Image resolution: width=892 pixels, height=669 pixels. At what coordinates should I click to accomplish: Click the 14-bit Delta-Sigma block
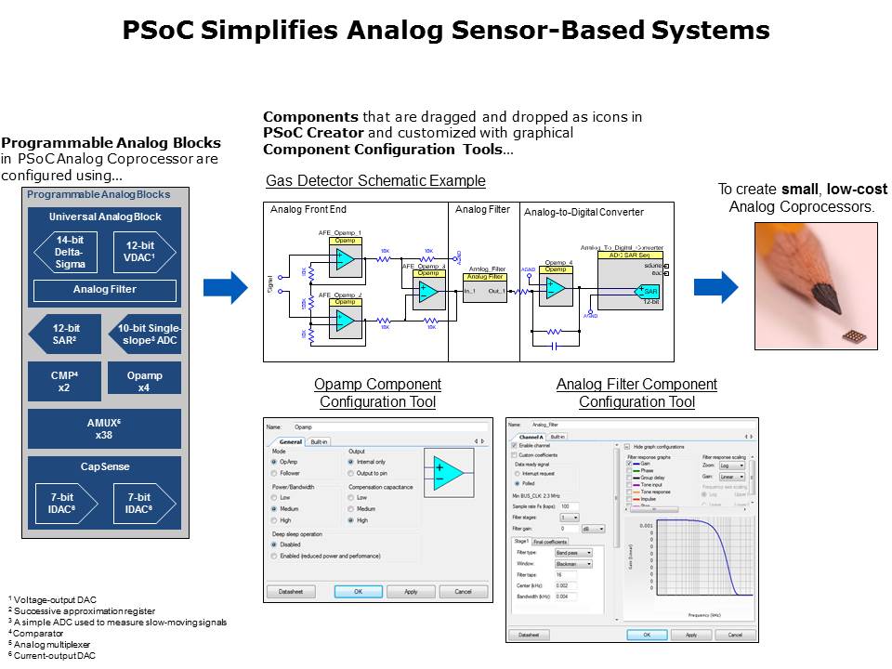point(71,251)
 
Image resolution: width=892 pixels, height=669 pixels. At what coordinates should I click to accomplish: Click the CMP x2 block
point(63,382)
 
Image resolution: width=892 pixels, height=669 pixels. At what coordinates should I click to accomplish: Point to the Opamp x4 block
point(144,382)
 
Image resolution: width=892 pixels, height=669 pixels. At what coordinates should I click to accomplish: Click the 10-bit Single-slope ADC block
point(144,334)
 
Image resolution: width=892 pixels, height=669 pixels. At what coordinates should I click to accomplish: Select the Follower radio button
point(274,472)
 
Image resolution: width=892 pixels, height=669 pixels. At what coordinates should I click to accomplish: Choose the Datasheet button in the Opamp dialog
point(291,591)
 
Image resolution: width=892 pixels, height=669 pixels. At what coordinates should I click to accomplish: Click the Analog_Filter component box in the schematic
point(484,283)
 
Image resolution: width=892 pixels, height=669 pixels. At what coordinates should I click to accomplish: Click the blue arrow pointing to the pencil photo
point(715,287)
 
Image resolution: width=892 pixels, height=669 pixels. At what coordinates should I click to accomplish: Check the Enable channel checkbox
point(513,446)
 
